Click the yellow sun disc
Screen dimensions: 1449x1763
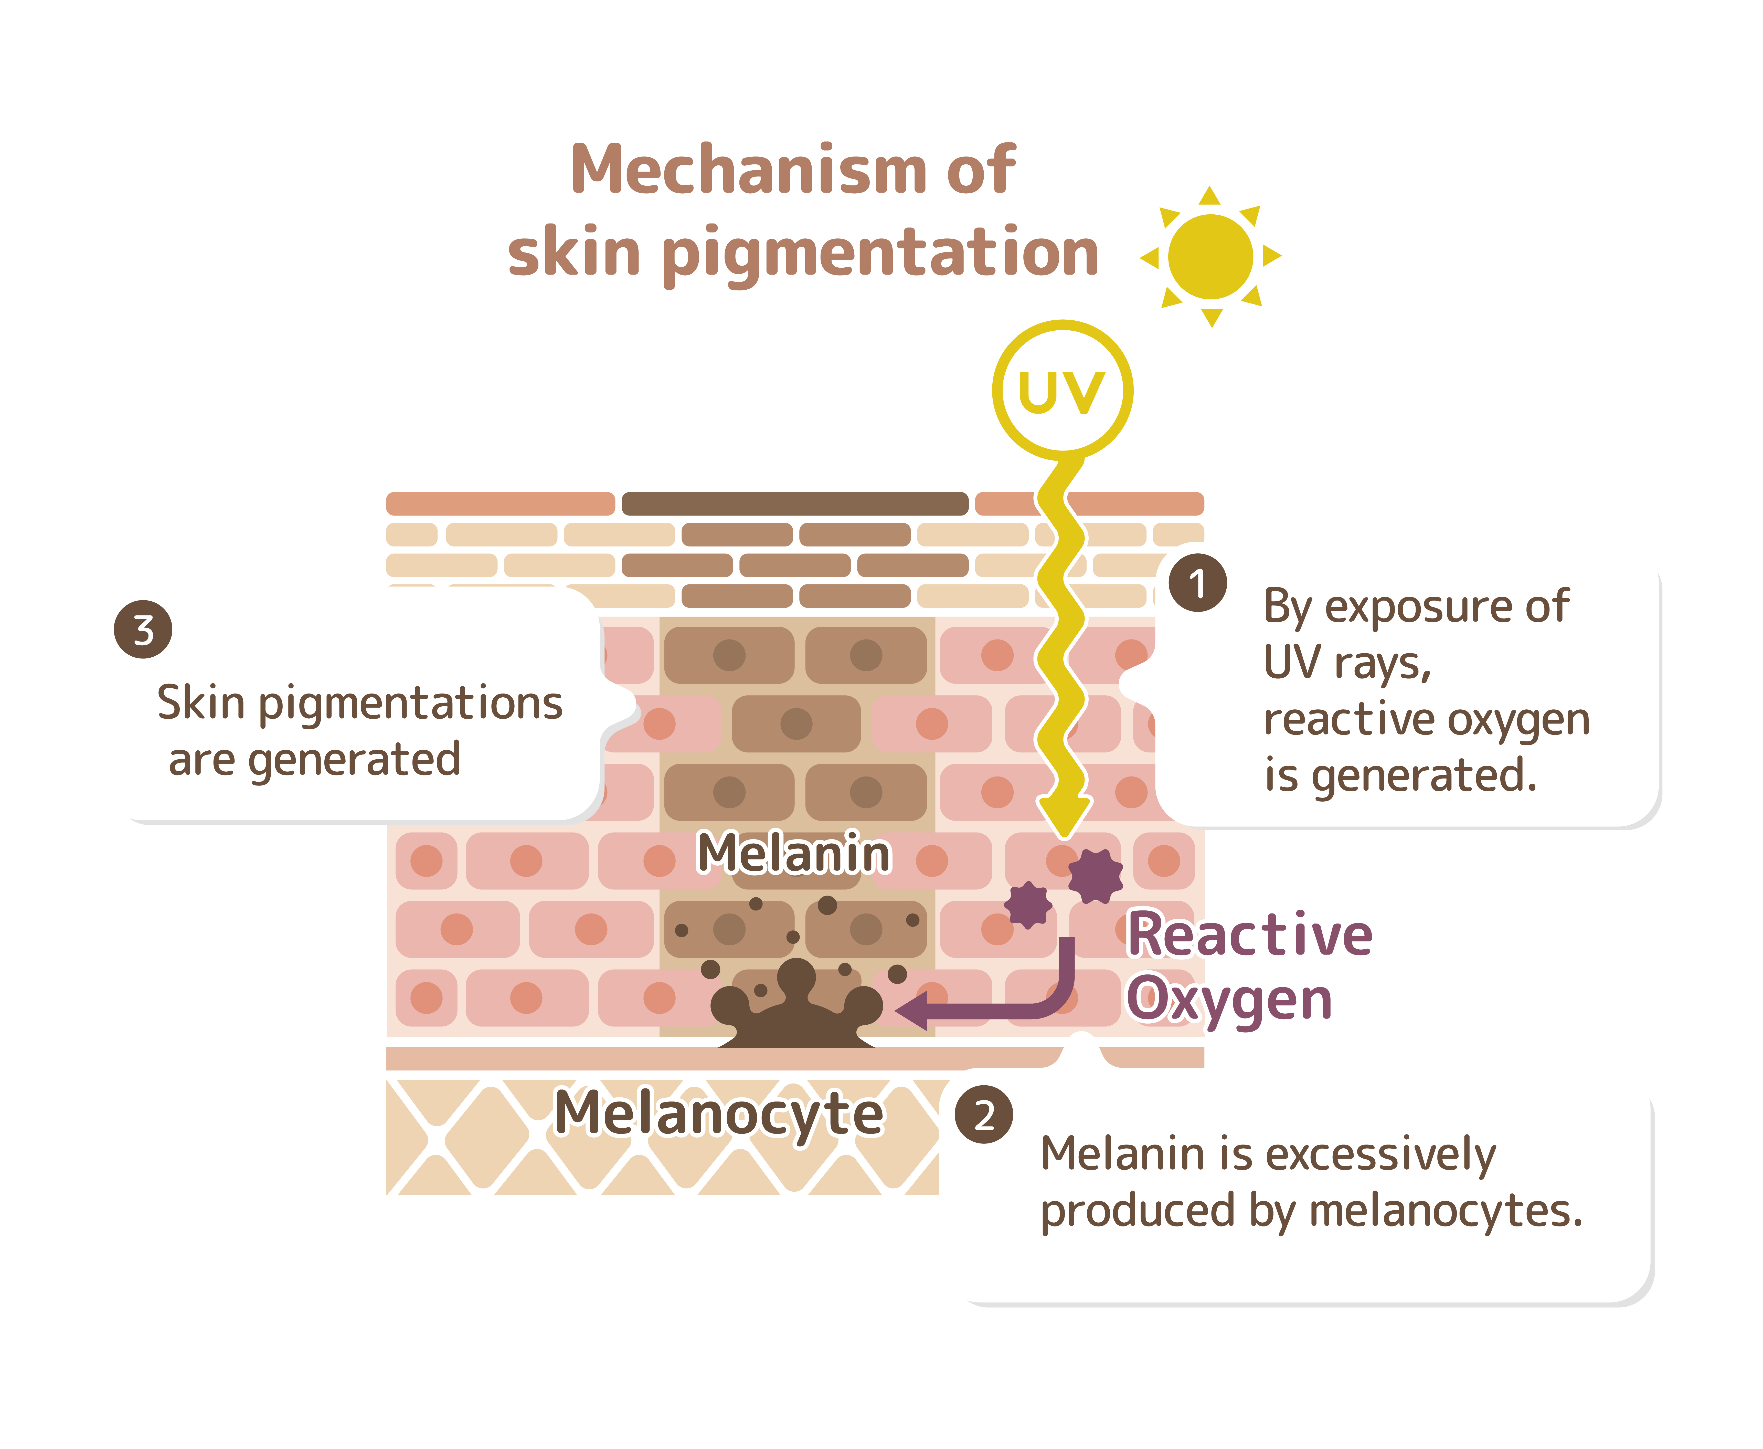click(1210, 256)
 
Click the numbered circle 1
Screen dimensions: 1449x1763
click(1197, 583)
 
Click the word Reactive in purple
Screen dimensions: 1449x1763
click(1249, 935)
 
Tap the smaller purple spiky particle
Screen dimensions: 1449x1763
click(1028, 904)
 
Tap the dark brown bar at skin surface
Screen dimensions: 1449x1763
click(794, 503)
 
